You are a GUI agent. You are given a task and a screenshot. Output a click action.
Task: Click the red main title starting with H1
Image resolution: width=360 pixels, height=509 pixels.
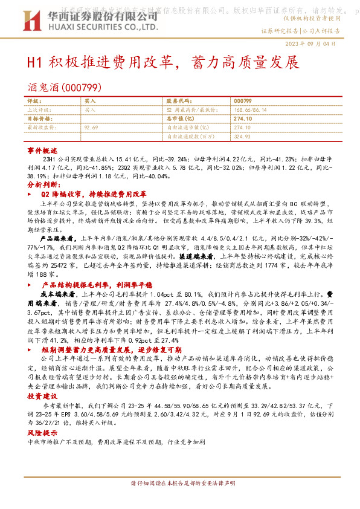click(x=162, y=62)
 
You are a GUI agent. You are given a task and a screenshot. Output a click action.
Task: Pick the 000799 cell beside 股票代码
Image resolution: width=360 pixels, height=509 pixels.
click(x=242, y=101)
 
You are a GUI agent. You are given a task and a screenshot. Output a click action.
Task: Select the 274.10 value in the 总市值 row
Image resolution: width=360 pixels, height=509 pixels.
click(x=242, y=119)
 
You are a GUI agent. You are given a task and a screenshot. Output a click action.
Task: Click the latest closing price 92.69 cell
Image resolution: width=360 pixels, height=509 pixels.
click(x=91, y=128)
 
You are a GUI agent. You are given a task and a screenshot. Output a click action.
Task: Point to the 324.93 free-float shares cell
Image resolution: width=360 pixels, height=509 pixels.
click(x=242, y=137)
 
